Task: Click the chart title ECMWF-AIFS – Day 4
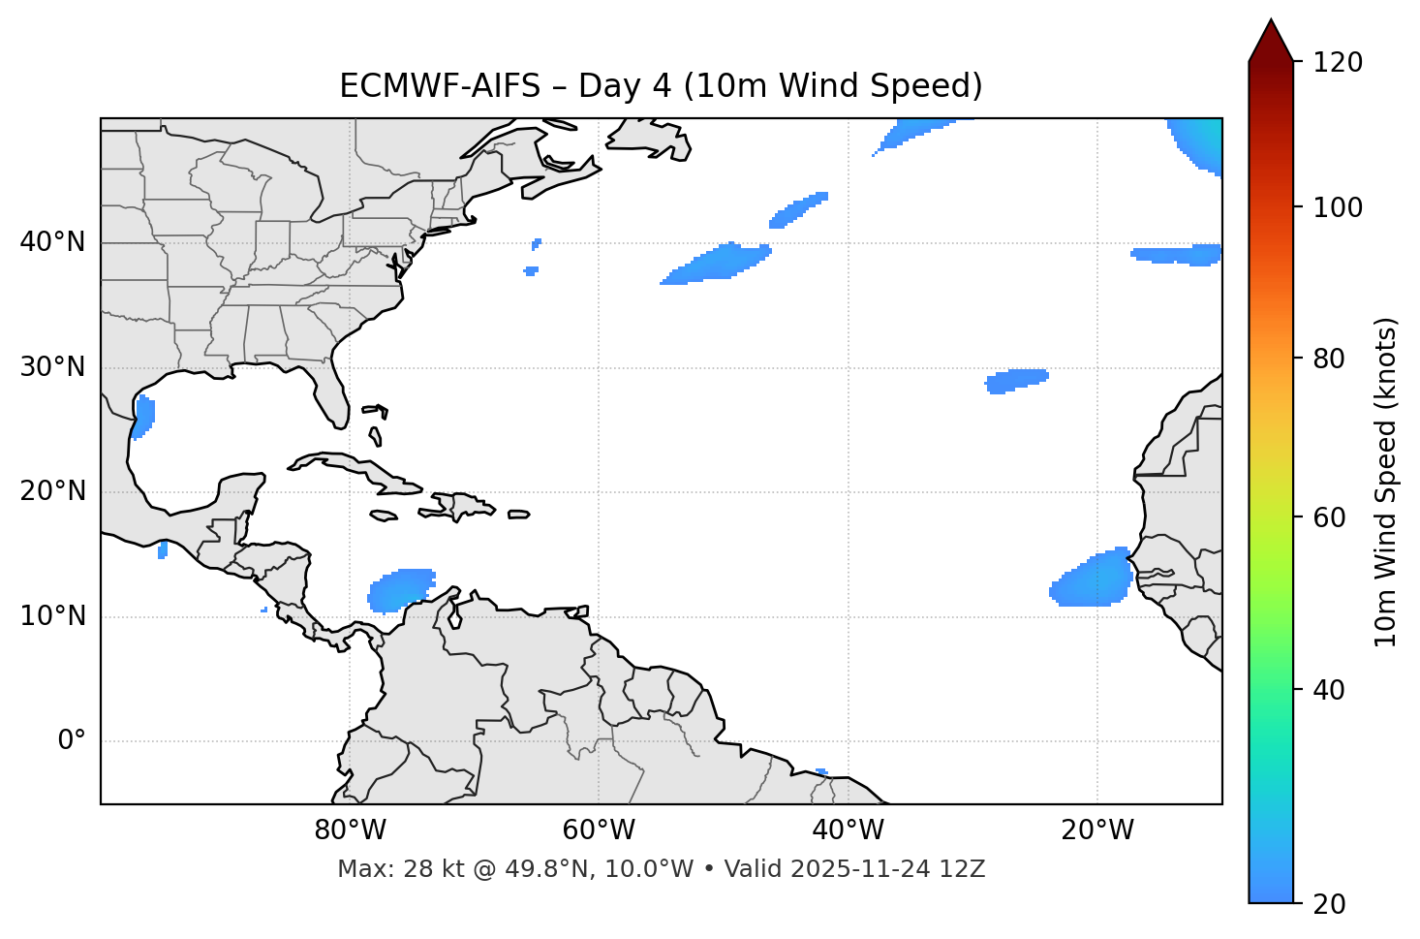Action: [661, 86]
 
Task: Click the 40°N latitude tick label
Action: [52, 242]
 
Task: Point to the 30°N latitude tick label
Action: [52, 367]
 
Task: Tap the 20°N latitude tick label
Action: [52, 491]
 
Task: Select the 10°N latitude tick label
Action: [52, 616]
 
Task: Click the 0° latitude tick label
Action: [71, 741]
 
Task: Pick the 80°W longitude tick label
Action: [350, 830]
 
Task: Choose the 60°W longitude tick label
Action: [599, 830]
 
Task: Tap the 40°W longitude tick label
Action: [848, 830]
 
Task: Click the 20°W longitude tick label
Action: [1096, 830]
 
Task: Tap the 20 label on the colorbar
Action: [1330, 904]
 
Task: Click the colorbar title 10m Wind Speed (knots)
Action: [1386, 482]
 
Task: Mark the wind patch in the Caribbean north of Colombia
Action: [402, 589]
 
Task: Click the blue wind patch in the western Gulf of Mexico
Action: [143, 417]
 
